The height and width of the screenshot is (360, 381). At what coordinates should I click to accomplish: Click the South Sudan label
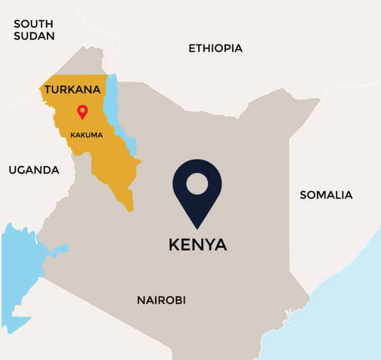(x=34, y=30)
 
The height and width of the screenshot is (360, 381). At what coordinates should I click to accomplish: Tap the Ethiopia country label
(x=215, y=48)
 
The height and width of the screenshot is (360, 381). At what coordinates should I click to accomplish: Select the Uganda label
(x=34, y=170)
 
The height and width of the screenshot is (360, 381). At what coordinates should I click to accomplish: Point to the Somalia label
(x=326, y=195)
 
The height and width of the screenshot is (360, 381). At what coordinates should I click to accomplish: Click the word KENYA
(x=198, y=244)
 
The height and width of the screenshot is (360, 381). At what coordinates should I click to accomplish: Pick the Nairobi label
(x=161, y=300)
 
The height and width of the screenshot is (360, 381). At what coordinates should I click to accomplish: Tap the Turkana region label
(x=72, y=90)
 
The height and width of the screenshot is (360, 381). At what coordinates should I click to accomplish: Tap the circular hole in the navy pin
(x=197, y=183)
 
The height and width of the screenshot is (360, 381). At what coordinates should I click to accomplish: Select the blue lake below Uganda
(x=20, y=268)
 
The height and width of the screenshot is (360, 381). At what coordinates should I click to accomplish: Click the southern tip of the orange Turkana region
(x=130, y=208)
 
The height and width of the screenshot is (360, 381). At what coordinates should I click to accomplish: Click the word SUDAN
(x=34, y=36)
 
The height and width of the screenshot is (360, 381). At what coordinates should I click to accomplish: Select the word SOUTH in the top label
(x=34, y=23)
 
